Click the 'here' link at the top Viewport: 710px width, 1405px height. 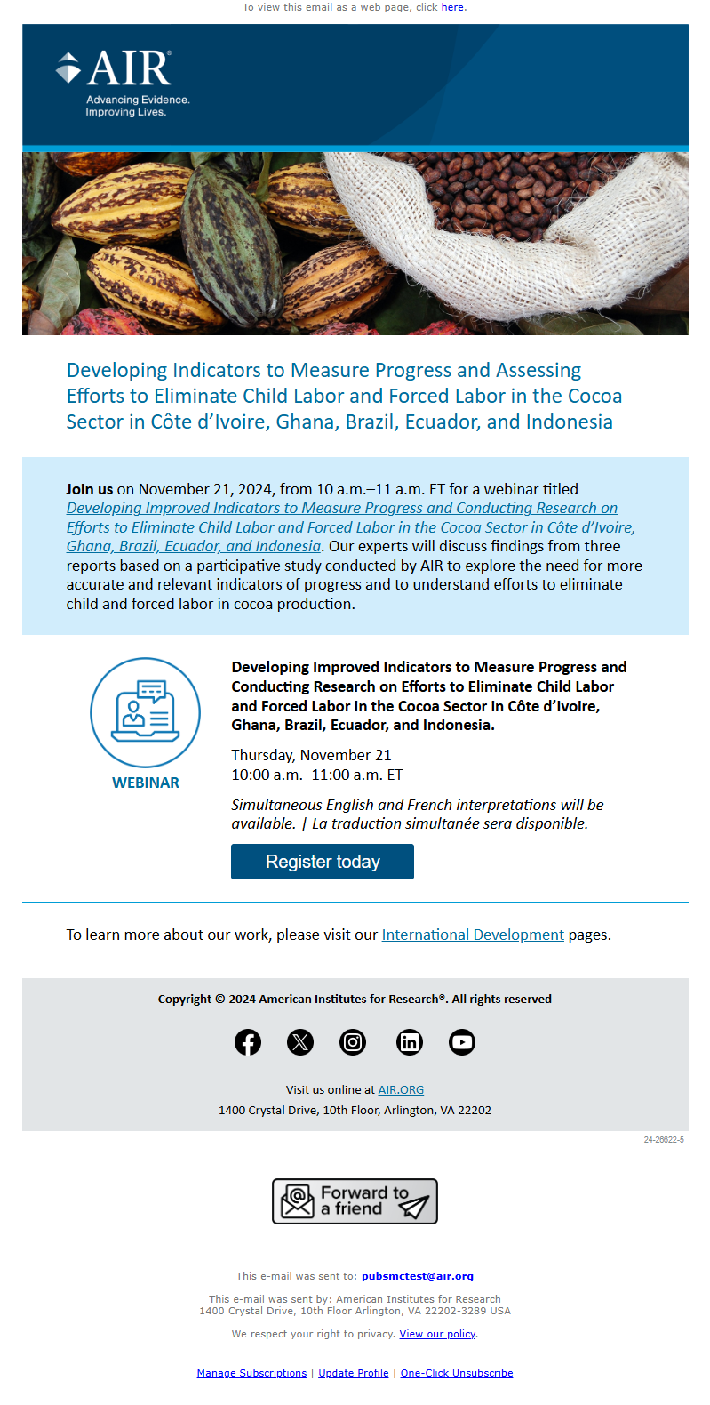[452, 7]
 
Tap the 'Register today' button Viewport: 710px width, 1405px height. [323, 862]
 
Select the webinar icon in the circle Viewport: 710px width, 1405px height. [146, 712]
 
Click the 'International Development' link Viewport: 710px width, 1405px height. [473, 935]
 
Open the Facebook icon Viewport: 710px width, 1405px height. [248, 1042]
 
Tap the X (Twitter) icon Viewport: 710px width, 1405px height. [300, 1042]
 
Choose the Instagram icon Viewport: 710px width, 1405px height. [353, 1042]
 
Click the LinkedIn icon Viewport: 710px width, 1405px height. [409, 1042]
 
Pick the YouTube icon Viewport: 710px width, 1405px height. [462, 1042]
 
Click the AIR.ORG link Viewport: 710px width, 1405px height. [401, 1089]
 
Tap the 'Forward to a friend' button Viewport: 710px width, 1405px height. [355, 1201]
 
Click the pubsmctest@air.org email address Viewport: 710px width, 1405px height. [418, 1276]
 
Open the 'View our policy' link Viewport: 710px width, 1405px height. [437, 1334]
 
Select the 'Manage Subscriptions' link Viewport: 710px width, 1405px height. [251, 1373]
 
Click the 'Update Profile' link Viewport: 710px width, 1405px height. [354, 1373]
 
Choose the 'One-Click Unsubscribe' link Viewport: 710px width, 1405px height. [457, 1373]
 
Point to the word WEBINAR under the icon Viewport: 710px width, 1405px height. [146, 783]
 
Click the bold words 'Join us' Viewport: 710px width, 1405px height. [90, 489]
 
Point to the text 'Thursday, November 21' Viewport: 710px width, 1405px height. [311, 755]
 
